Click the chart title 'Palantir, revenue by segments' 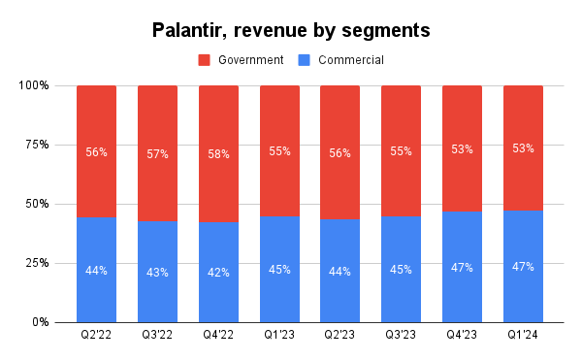click(x=291, y=30)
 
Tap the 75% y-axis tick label click(x=36, y=145)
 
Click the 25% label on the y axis click(x=36, y=263)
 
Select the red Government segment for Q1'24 click(x=523, y=116)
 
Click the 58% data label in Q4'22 click(x=218, y=154)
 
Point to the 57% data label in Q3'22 click(x=157, y=153)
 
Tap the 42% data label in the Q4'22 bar click(x=218, y=273)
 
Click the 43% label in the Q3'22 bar click(x=157, y=272)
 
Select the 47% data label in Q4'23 click(x=462, y=267)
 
